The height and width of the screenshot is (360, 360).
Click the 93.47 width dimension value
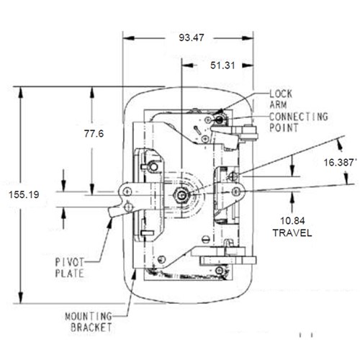[x=192, y=37]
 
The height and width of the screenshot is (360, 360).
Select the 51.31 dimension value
[x=222, y=66]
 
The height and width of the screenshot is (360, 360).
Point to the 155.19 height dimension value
[x=24, y=194]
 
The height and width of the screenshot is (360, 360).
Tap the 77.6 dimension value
[x=94, y=133]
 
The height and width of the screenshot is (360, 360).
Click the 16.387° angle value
[x=339, y=163]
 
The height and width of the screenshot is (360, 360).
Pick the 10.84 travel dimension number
[x=292, y=220]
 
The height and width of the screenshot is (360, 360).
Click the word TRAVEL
[x=292, y=233]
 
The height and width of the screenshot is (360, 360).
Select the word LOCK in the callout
[x=281, y=94]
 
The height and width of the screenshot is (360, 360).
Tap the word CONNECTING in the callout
[x=299, y=117]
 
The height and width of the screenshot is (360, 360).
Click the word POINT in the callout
[x=284, y=127]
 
